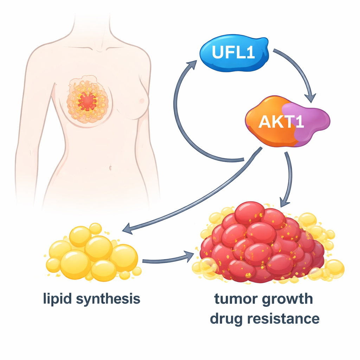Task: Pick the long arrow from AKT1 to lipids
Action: click(197, 197)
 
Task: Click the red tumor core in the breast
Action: click(87, 101)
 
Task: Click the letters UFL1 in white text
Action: click(232, 53)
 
